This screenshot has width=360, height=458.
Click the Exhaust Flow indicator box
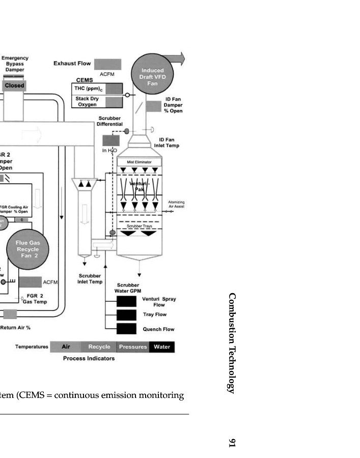pos(107,64)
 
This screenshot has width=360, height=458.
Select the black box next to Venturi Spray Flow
pos(126,302)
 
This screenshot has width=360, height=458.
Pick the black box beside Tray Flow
pos(126,315)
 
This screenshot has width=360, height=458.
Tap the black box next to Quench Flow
pos(126,328)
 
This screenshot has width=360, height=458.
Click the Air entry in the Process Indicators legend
pos(66,347)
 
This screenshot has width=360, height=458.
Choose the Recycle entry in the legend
pos(99,347)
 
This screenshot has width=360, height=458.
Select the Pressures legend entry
pos(133,347)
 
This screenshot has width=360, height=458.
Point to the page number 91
pos(232,443)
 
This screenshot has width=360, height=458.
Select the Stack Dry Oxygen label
pos(87,102)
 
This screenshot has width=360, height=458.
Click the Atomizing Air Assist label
pos(176,205)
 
